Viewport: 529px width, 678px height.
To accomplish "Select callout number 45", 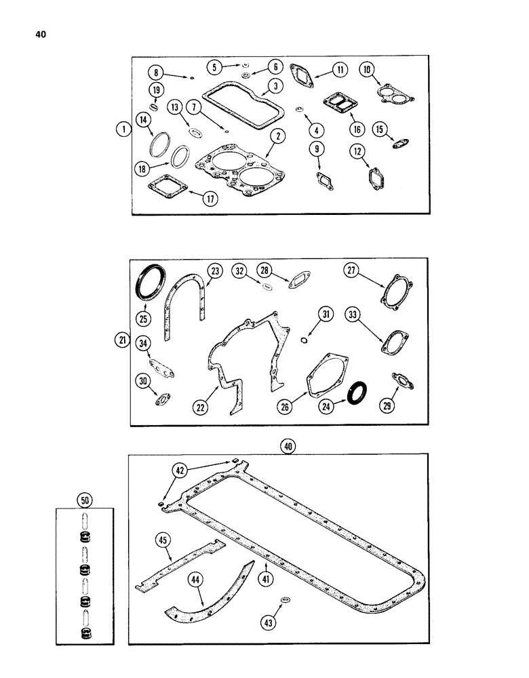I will tap(162, 540).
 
